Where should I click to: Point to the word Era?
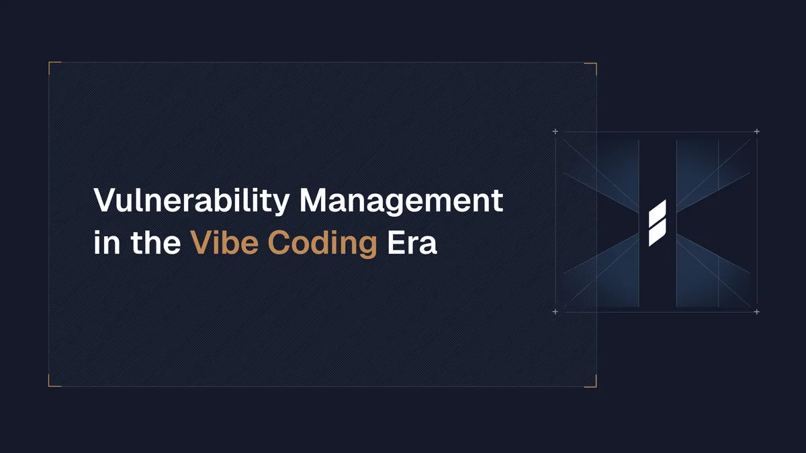[x=412, y=242]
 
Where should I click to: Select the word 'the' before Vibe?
[x=154, y=242]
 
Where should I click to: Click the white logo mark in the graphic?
[x=657, y=222]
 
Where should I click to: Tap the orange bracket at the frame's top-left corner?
[x=52, y=65]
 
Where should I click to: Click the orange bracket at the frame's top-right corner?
[x=594, y=65]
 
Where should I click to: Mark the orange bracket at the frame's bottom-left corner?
[x=52, y=384]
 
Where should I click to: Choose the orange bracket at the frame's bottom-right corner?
[x=594, y=384]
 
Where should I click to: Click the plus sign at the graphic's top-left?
[x=555, y=132]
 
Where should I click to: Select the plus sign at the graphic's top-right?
[x=757, y=132]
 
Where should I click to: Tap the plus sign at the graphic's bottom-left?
[x=555, y=312]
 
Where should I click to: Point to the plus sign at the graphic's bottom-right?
[x=757, y=312]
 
